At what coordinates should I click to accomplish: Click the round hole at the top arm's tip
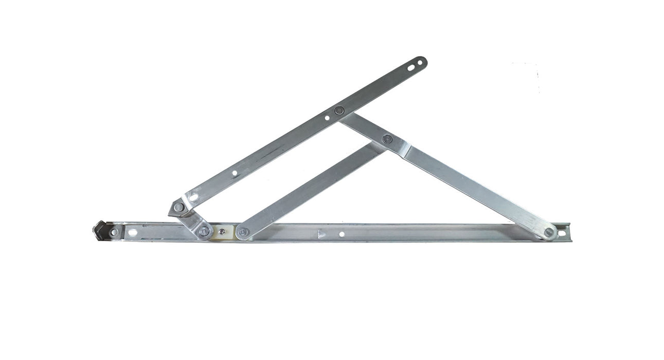[420, 63]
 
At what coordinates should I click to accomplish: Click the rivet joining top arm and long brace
[339, 111]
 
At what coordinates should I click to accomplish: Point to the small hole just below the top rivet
[327, 118]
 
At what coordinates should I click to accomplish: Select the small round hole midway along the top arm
[235, 174]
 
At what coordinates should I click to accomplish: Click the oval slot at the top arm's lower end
[193, 196]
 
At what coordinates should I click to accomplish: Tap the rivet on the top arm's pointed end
[178, 207]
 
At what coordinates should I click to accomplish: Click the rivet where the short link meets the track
[204, 231]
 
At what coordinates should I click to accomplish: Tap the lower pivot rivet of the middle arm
[243, 232]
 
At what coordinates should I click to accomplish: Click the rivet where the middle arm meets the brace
[387, 139]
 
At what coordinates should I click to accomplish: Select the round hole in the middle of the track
[342, 234]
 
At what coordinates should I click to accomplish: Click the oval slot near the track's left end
[132, 232]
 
